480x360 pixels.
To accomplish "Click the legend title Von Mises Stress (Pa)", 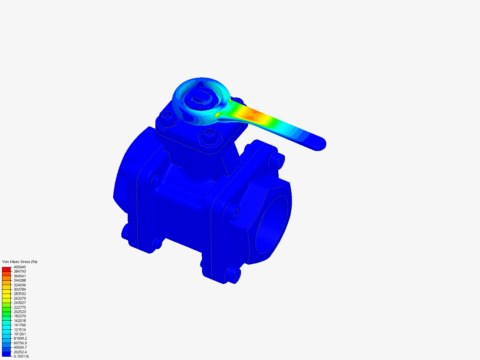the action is [20, 262].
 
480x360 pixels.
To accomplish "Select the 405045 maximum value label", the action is [20, 267].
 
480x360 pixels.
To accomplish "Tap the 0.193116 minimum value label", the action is [21, 357].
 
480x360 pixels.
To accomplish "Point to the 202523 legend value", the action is [20, 312].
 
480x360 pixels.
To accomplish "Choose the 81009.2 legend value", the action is [20, 339].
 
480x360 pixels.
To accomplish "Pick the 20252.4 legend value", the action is [20, 352].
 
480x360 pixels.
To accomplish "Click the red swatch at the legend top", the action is [6, 269].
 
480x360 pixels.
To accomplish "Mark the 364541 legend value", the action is [20, 276].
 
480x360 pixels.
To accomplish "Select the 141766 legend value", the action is [20, 325].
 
